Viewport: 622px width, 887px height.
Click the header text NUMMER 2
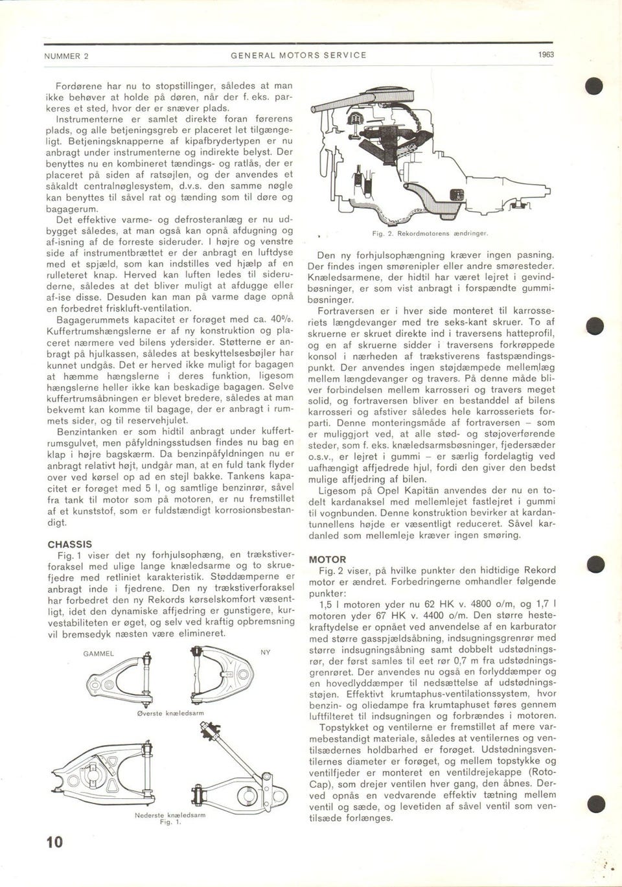click(x=66, y=56)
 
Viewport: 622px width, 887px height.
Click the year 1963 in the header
click(x=546, y=56)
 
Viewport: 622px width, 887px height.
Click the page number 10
click(x=54, y=842)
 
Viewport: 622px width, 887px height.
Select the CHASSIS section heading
click(x=69, y=544)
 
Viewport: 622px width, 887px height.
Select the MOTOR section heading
click(x=327, y=559)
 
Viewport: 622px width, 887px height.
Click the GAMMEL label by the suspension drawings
click(x=98, y=653)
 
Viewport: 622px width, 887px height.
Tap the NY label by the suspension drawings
click(x=266, y=652)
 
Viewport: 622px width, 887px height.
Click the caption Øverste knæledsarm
click(x=170, y=713)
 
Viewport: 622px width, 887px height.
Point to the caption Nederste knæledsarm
click(x=170, y=814)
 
